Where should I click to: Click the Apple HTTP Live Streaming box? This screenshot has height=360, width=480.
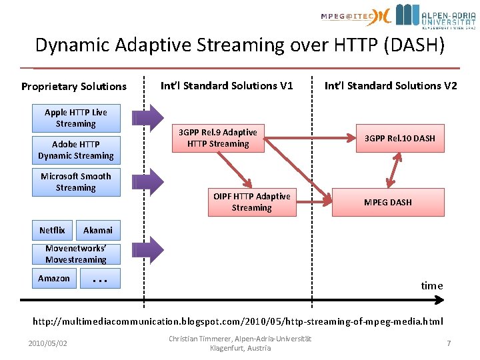(x=75, y=118)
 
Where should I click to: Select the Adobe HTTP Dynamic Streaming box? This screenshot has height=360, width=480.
(x=75, y=150)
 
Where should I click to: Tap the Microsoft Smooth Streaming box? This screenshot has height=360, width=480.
(x=75, y=182)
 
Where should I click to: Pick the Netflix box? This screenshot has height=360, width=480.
(x=52, y=230)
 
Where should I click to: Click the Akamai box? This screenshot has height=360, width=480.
(x=98, y=230)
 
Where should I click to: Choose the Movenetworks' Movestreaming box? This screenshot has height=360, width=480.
(x=75, y=254)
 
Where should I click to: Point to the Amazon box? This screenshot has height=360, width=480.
(x=54, y=278)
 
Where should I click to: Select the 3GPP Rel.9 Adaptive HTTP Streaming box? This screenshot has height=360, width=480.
(x=218, y=138)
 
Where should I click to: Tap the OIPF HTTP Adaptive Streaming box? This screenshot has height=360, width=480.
(x=251, y=202)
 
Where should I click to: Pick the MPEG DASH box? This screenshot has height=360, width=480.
(x=387, y=202)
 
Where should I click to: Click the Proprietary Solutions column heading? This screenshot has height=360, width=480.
(x=73, y=87)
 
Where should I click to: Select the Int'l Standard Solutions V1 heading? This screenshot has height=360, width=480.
(x=227, y=86)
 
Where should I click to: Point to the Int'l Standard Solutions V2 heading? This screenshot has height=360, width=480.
(x=391, y=86)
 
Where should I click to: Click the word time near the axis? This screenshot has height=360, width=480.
(x=431, y=285)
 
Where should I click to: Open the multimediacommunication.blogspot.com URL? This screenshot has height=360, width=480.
(x=238, y=321)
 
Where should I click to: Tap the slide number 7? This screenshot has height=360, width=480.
(x=449, y=343)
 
